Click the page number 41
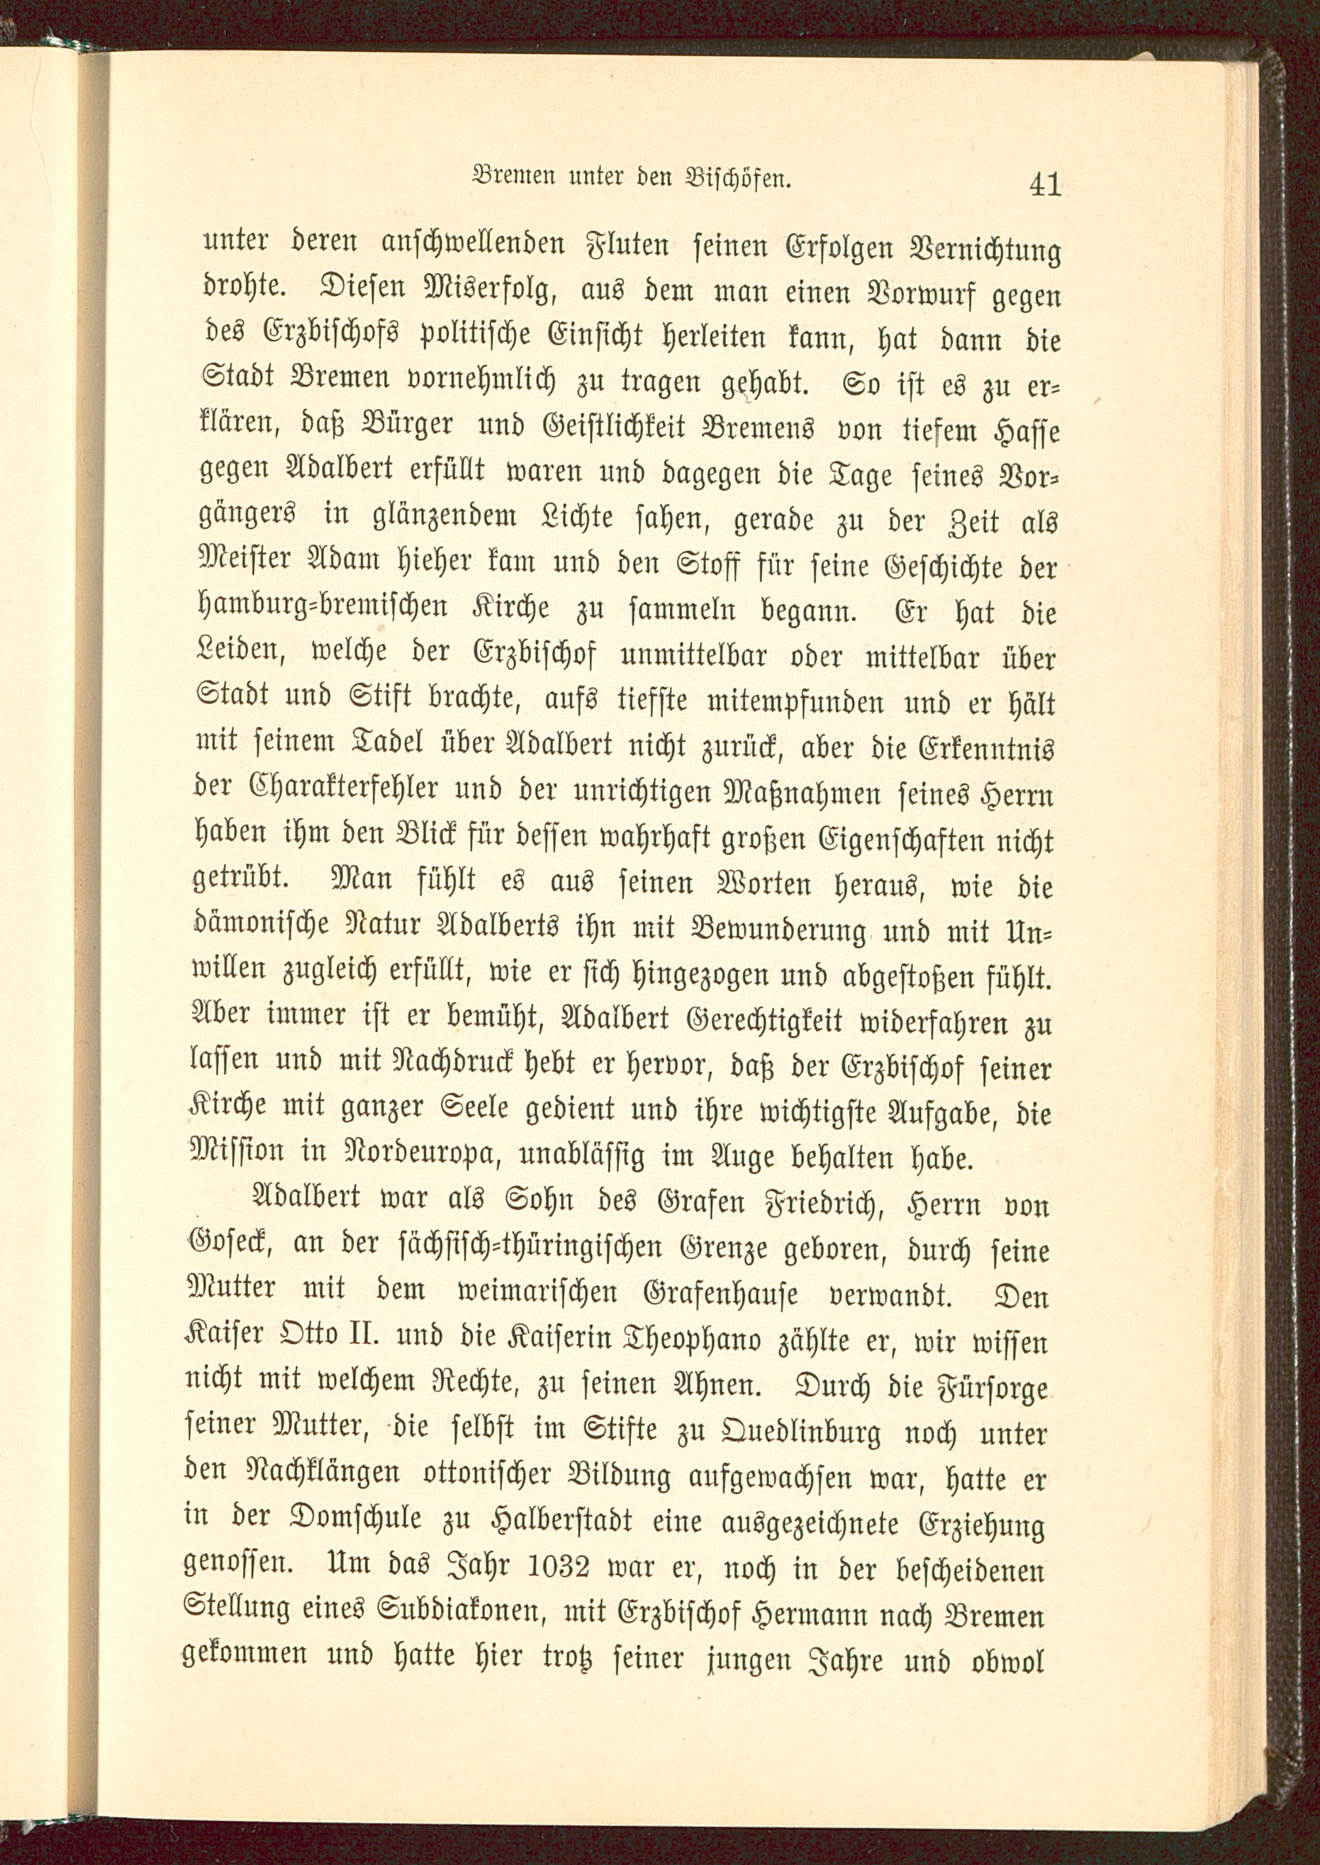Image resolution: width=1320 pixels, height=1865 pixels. click(1044, 185)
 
